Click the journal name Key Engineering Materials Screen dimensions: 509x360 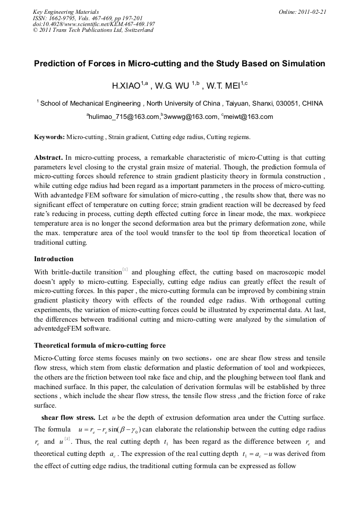click(66, 12)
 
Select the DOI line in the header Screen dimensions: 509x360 click(94, 24)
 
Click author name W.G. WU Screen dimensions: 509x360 click(173, 85)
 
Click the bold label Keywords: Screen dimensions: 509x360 click(50, 137)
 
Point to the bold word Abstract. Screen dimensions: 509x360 click(48, 158)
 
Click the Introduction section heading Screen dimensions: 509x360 click(54, 259)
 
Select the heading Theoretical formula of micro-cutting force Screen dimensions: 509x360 click(100, 346)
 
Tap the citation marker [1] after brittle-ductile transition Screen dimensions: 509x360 click(125, 270)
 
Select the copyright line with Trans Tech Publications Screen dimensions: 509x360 click(93, 30)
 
